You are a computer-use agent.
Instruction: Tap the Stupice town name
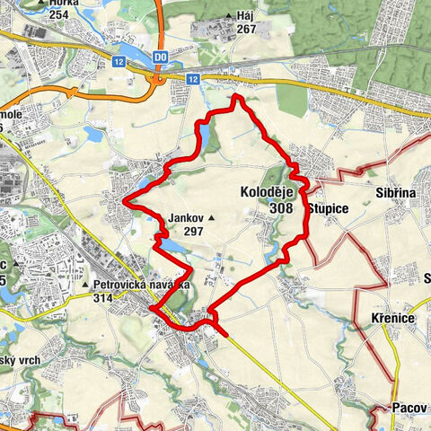click(328, 208)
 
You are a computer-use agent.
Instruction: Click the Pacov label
click(409, 408)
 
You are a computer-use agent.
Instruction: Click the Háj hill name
click(247, 16)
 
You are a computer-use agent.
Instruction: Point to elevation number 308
click(280, 208)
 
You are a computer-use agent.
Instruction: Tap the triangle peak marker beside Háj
click(231, 16)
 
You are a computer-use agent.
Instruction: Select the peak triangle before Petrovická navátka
click(84, 287)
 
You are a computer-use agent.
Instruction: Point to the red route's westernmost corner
click(124, 201)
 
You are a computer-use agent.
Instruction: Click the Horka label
click(65, 4)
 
